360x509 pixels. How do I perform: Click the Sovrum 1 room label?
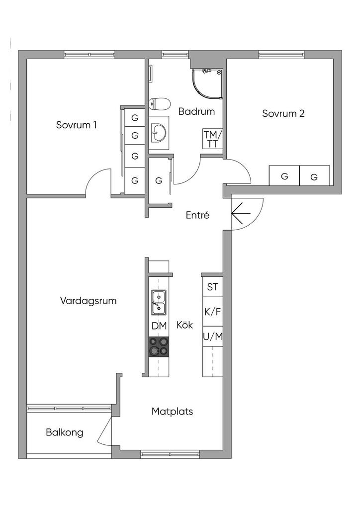pos(76,124)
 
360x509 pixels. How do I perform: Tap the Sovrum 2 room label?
pos(283,113)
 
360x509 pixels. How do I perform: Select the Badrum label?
pos(196,111)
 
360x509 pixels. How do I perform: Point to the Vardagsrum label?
pos(88,301)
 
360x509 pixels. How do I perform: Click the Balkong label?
pos(65,432)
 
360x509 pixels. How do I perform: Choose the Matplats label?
pos(172,412)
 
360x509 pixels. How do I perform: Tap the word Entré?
pos(197,215)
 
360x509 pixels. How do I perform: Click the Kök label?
pos(184,325)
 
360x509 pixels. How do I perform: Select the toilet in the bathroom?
pos(159,104)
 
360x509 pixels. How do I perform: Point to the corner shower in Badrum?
pos(207,83)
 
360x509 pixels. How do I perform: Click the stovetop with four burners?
pos(159,346)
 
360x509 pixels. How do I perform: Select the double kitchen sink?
pos(159,303)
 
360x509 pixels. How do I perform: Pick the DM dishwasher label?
pos(159,326)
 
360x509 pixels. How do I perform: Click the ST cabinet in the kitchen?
pos(212,287)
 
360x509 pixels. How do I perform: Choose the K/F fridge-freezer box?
pos(212,312)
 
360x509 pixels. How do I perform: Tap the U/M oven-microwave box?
pos(212,337)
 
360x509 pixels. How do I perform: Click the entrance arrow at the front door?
pos(241,214)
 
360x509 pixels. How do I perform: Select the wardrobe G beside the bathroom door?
pos(159,180)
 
